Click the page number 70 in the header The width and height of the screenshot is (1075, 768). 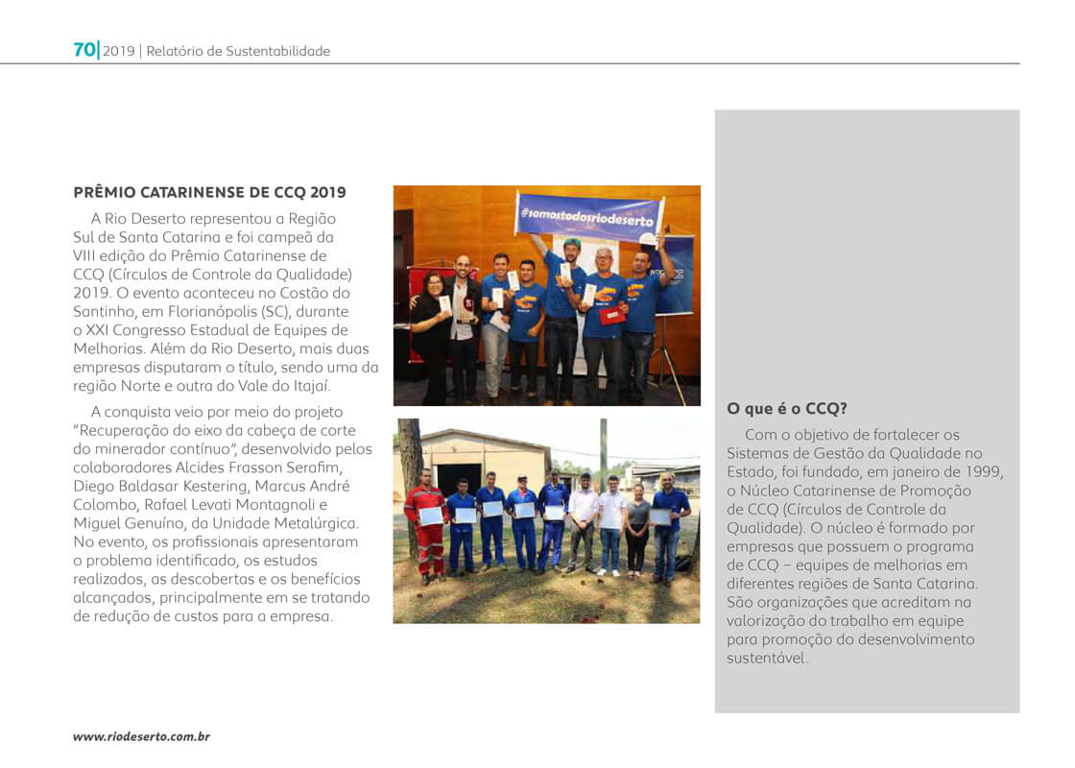click(x=84, y=50)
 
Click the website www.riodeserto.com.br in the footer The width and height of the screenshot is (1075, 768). click(x=141, y=736)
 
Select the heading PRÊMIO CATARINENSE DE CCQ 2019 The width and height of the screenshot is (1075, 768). click(x=210, y=192)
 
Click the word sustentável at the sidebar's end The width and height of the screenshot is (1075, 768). click(x=767, y=659)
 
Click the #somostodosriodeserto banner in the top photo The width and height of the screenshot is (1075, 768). click(x=586, y=213)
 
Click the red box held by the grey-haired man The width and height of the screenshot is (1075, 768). click(x=610, y=316)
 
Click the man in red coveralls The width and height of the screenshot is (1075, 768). click(x=426, y=523)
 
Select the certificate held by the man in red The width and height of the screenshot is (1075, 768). click(x=432, y=516)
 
